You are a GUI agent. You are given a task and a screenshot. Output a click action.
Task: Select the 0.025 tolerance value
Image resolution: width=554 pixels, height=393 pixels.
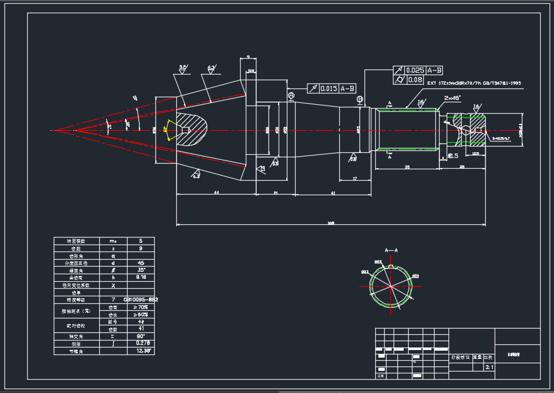pos(415,70)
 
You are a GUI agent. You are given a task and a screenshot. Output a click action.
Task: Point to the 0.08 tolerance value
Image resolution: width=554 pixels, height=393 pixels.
pos(415,80)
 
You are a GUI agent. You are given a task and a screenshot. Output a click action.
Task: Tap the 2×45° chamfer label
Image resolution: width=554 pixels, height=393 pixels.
pos(452,98)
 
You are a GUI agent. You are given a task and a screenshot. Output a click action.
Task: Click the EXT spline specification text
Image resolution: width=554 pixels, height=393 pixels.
pos(474,83)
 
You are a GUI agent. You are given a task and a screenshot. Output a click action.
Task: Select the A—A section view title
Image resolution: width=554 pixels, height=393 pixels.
pos(392,250)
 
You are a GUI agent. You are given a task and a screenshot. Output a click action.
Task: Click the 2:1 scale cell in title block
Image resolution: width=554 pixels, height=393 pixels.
pos(489,366)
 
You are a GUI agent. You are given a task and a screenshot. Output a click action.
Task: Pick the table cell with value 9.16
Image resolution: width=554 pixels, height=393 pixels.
pos(140,277)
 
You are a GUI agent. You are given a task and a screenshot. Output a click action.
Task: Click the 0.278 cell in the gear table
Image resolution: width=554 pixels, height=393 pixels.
pos(140,343)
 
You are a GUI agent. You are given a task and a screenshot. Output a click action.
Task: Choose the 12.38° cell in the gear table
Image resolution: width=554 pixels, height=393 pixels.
pos(140,351)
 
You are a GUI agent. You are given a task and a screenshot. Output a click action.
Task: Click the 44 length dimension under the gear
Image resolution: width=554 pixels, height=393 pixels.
pos(216,192)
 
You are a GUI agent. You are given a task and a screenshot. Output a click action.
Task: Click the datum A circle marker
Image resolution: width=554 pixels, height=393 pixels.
pos(291,95)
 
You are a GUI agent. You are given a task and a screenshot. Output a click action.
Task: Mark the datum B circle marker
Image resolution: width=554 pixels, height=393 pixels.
pos(359,99)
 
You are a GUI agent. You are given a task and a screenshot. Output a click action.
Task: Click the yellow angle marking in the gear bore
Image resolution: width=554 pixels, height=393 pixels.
pos(167,130)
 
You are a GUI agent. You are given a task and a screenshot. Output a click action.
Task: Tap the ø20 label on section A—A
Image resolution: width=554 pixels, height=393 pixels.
pos(415,276)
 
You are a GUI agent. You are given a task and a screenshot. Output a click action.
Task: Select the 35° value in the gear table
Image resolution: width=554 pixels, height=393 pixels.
pos(140,270)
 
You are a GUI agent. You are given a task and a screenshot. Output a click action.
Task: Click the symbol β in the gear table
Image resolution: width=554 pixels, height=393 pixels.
pos(113,270)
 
